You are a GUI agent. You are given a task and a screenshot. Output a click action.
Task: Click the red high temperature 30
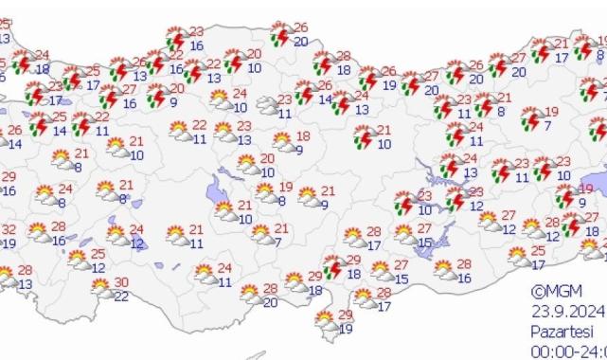[x=121, y=282]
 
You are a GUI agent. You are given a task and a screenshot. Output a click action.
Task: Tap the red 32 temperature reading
[x=9, y=229]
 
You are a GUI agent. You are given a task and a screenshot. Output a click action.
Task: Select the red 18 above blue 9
[x=303, y=136]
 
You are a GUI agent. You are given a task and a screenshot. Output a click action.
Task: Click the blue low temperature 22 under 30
[x=121, y=297]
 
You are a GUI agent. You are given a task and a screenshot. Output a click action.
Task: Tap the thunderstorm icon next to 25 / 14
[x=40, y=124]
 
